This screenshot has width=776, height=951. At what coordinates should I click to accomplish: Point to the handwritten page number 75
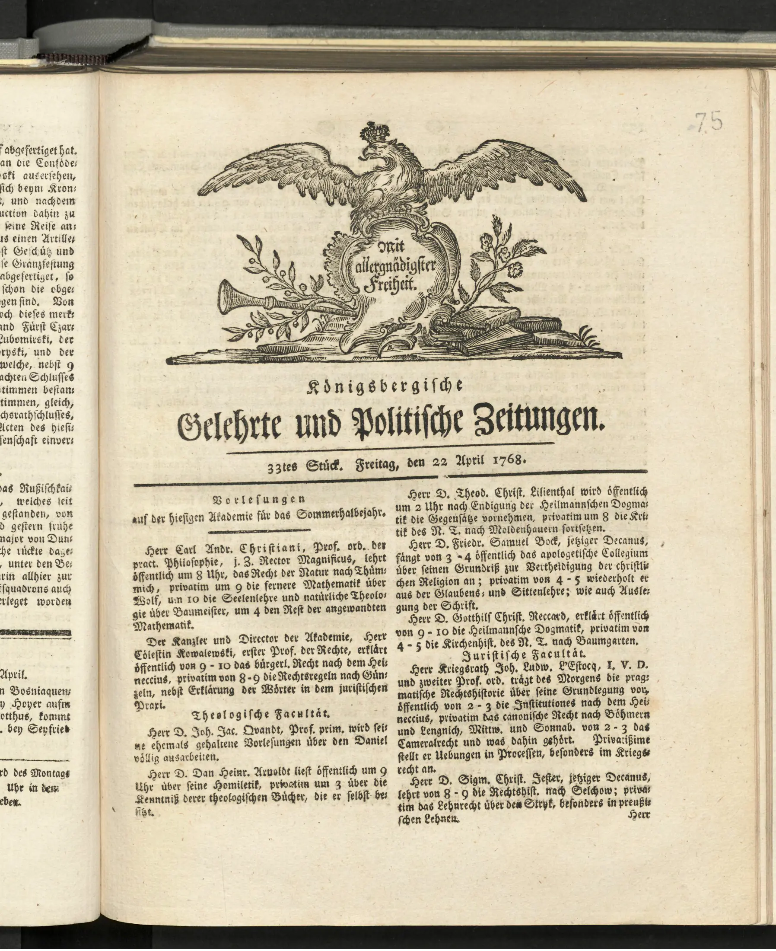pos(709,121)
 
